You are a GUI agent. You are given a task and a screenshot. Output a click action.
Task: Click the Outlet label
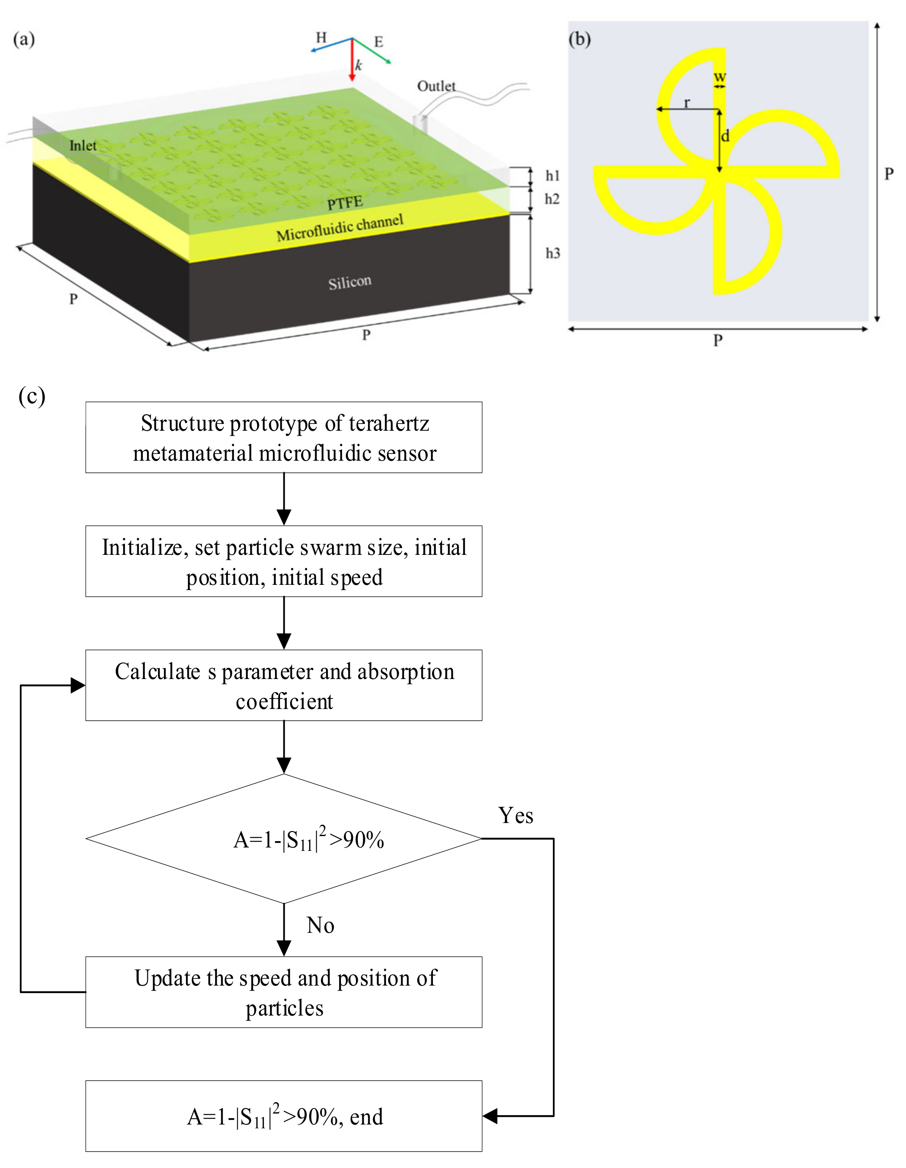[x=436, y=86]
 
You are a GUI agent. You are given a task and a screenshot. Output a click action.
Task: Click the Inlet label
[x=83, y=145]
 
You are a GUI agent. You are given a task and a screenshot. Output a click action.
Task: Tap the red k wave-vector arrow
[x=352, y=62]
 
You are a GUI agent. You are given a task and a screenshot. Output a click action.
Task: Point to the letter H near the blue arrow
[x=321, y=38]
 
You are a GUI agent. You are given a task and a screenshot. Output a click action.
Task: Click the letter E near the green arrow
[x=378, y=42]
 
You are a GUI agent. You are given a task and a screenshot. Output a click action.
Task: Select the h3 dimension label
[x=552, y=253]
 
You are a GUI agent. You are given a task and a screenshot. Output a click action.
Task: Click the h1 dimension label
[x=552, y=175]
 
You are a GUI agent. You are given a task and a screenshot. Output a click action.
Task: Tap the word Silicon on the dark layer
[x=350, y=282]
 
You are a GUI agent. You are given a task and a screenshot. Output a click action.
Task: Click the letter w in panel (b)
[x=720, y=76]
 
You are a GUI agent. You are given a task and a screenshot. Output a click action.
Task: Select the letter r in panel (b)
[x=687, y=102]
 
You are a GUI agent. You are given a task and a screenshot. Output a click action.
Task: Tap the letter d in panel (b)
[x=725, y=136]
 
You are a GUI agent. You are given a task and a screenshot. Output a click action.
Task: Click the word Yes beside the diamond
[x=516, y=815]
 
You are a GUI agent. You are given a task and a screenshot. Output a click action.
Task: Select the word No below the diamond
[x=320, y=925]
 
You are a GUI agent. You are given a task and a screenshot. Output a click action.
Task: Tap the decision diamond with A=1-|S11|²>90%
[x=283, y=839]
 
